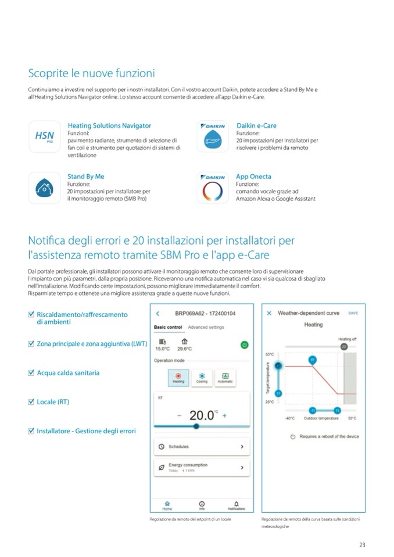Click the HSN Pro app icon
pos(45,137)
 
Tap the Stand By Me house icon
pos(45,188)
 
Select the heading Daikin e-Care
pos(256,125)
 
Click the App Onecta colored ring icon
pos(212,188)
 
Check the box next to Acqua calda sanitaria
pos(31,372)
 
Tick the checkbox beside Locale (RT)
pos(31,401)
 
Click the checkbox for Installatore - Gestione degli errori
pos(31,430)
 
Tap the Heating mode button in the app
pos(178,378)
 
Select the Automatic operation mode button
pos(224,378)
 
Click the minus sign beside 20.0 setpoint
pos(180,415)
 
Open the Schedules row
pos(201,447)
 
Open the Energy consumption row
pos(201,467)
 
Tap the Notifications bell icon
pos(236,505)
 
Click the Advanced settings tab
pos(206,328)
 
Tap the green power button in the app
pos(245,344)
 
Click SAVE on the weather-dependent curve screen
pos(353,313)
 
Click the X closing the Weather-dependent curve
pos(270,313)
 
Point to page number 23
pos(362,544)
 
